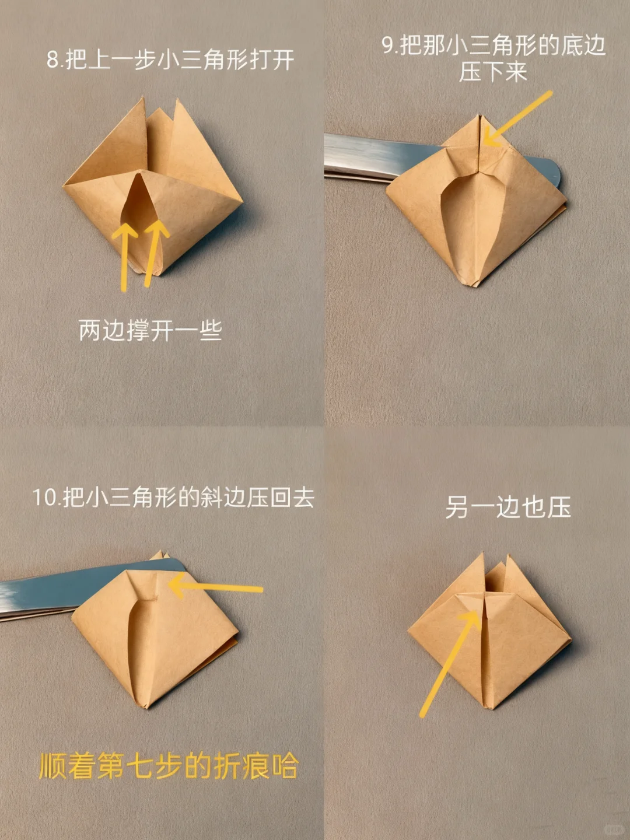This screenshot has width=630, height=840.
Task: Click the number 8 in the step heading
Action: click(x=53, y=60)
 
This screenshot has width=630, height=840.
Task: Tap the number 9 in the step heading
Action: click(x=388, y=45)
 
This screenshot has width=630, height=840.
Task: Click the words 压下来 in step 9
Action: click(x=493, y=72)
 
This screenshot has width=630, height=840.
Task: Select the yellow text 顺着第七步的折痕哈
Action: click(x=169, y=766)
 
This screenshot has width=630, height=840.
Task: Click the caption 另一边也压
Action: click(x=508, y=507)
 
